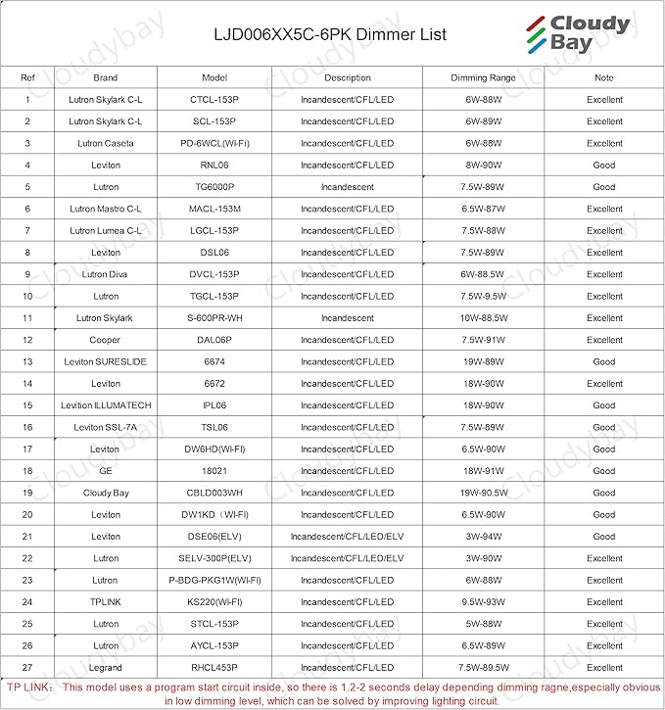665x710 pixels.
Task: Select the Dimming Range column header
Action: click(483, 77)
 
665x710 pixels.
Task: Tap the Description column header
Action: click(347, 77)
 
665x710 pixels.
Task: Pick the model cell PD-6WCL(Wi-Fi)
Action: click(214, 143)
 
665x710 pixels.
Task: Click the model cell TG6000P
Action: click(214, 187)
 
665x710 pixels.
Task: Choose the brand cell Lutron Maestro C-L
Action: click(106, 209)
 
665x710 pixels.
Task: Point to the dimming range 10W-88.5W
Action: click(483, 318)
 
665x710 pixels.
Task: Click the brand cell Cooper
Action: click(106, 340)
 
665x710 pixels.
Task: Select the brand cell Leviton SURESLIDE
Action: click(106, 361)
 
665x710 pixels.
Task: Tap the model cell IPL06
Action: click(214, 405)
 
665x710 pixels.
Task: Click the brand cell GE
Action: click(106, 471)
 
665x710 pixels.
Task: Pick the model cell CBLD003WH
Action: click(214, 493)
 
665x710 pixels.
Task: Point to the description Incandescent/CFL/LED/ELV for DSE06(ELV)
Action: click(347, 537)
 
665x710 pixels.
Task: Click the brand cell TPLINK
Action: click(106, 602)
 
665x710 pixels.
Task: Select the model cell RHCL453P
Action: click(214, 668)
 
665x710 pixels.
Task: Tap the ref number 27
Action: click(27, 668)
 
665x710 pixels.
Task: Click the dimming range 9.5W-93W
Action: click(483, 602)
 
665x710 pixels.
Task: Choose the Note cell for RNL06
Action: click(603, 166)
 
